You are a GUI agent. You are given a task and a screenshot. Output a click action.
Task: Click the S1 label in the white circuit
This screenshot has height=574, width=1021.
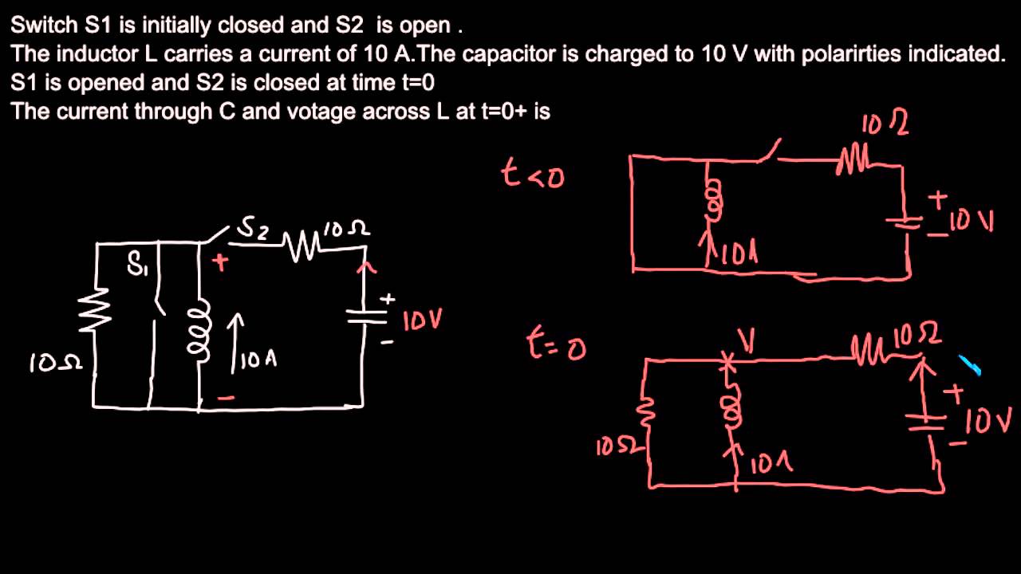pyautogui.click(x=138, y=265)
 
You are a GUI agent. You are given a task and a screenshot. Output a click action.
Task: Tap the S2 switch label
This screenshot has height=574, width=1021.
pyautogui.click(x=254, y=230)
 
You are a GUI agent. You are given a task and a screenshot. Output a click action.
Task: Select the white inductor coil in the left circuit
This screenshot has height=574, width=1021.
pyautogui.click(x=196, y=326)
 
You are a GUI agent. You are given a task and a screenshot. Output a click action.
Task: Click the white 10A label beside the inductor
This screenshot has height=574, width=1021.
pyautogui.click(x=257, y=360)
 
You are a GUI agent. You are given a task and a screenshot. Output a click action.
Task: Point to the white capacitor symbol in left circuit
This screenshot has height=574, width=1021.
pyautogui.click(x=366, y=316)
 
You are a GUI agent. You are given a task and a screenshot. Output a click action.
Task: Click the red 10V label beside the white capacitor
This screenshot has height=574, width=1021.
pyautogui.click(x=422, y=320)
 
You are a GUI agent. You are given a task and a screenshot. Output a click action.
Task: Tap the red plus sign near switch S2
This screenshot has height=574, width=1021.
pyautogui.click(x=219, y=262)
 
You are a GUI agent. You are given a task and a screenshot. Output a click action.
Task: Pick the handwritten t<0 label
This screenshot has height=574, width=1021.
pyautogui.click(x=532, y=173)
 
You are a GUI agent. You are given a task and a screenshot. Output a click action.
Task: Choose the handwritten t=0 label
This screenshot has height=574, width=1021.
pyautogui.click(x=556, y=345)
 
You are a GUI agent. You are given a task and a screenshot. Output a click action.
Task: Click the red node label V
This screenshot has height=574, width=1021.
pyautogui.click(x=747, y=342)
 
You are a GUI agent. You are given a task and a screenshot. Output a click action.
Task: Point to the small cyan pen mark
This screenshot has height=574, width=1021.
pyautogui.click(x=969, y=366)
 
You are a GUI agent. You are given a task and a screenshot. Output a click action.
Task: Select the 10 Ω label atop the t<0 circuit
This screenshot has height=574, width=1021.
pyautogui.click(x=885, y=124)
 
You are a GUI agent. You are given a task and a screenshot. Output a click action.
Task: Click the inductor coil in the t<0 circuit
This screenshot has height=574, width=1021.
pyautogui.click(x=713, y=199)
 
